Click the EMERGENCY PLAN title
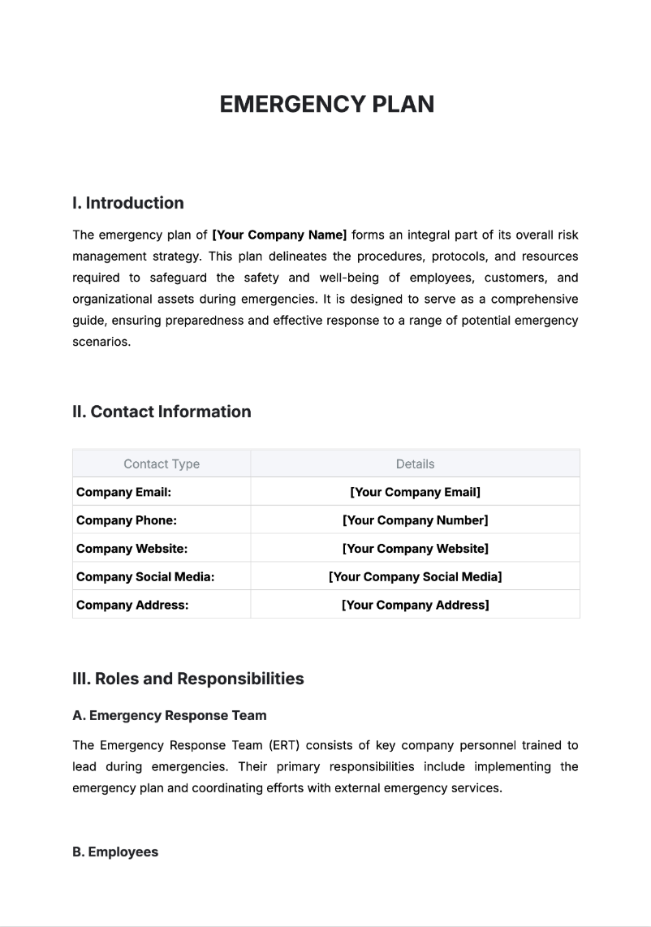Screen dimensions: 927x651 click(x=326, y=104)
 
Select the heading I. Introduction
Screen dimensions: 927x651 click(x=127, y=203)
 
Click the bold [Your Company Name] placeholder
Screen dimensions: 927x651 click(x=279, y=235)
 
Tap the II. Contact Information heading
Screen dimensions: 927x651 click(x=162, y=412)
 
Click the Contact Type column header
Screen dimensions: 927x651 click(x=162, y=464)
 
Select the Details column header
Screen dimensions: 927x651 click(x=415, y=464)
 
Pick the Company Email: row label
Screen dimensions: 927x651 click(x=123, y=492)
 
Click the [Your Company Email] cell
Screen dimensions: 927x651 click(x=415, y=492)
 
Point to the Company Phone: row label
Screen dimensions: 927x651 click(x=126, y=520)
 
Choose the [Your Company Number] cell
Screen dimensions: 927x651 click(x=415, y=520)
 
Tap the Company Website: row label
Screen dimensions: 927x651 click(x=131, y=549)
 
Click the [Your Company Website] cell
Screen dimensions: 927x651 click(x=415, y=549)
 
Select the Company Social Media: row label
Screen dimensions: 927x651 click(x=145, y=577)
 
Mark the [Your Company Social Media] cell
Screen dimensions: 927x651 click(x=415, y=577)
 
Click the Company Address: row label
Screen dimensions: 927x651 click(x=132, y=605)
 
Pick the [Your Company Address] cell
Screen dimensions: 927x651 click(x=415, y=605)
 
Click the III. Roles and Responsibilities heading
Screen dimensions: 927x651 click(x=188, y=679)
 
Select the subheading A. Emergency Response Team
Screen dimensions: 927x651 click(x=169, y=715)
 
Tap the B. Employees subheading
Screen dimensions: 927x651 click(x=115, y=852)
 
